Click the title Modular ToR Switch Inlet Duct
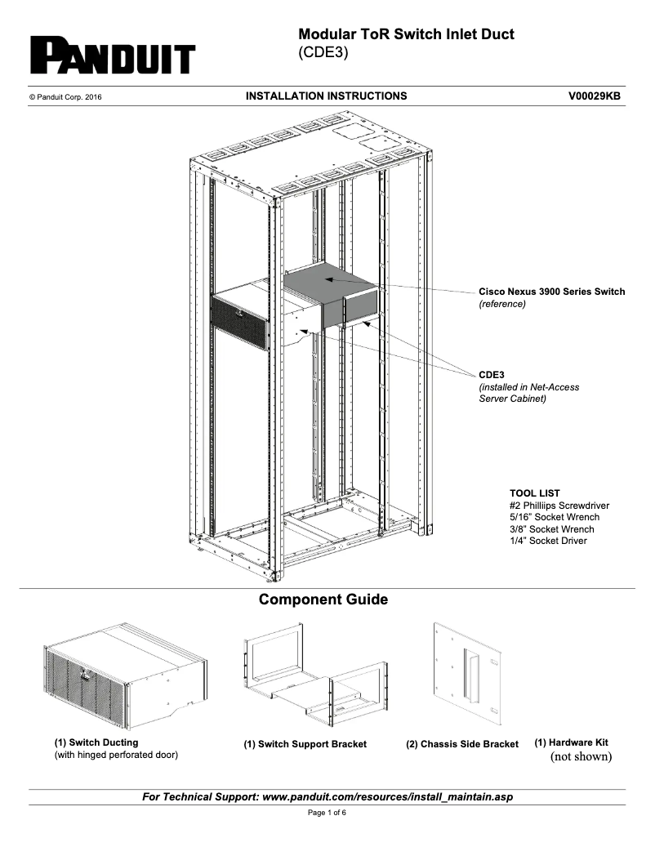(x=406, y=35)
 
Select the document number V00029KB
(x=594, y=96)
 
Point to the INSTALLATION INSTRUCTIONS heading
(x=326, y=96)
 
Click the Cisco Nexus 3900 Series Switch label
(x=551, y=292)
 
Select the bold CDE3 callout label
(x=492, y=375)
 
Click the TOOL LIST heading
(x=534, y=493)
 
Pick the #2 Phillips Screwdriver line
(x=559, y=506)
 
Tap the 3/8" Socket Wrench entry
(x=551, y=529)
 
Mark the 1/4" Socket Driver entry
(x=547, y=541)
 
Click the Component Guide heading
(x=323, y=600)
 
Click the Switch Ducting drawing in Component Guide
(x=123, y=675)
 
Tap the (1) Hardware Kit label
(x=571, y=742)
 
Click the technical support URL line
(x=327, y=796)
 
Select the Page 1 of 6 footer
(x=327, y=814)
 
